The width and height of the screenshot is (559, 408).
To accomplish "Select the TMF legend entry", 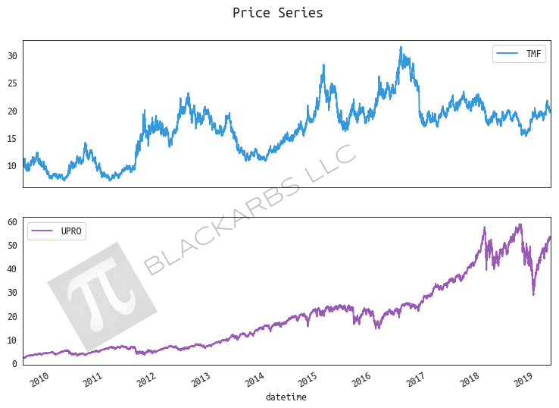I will (x=519, y=54).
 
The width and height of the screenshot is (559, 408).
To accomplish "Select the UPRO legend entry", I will (x=57, y=231).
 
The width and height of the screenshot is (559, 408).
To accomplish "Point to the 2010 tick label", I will (x=39, y=378).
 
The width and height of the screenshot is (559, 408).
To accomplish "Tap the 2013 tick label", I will (x=201, y=378).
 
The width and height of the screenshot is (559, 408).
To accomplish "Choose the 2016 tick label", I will (x=362, y=378).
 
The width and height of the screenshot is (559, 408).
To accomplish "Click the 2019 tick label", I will (x=523, y=378).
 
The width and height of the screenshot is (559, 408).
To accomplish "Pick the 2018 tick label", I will (x=470, y=378).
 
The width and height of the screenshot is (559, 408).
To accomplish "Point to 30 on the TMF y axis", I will (x=12, y=56).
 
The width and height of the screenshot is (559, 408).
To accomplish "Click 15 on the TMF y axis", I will (x=12, y=138).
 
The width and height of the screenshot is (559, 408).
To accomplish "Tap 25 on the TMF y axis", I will (x=12, y=83).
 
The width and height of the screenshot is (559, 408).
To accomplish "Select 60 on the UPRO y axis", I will (x=12, y=221).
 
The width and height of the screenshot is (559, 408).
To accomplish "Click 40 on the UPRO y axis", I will (x=12, y=269).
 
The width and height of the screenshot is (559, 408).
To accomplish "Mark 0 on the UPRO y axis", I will (x=14, y=364).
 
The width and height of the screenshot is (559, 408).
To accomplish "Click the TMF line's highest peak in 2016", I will (x=401, y=48).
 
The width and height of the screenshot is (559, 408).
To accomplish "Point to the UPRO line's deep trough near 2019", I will (x=533, y=294).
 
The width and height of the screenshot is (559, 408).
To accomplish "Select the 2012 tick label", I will (x=147, y=378).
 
